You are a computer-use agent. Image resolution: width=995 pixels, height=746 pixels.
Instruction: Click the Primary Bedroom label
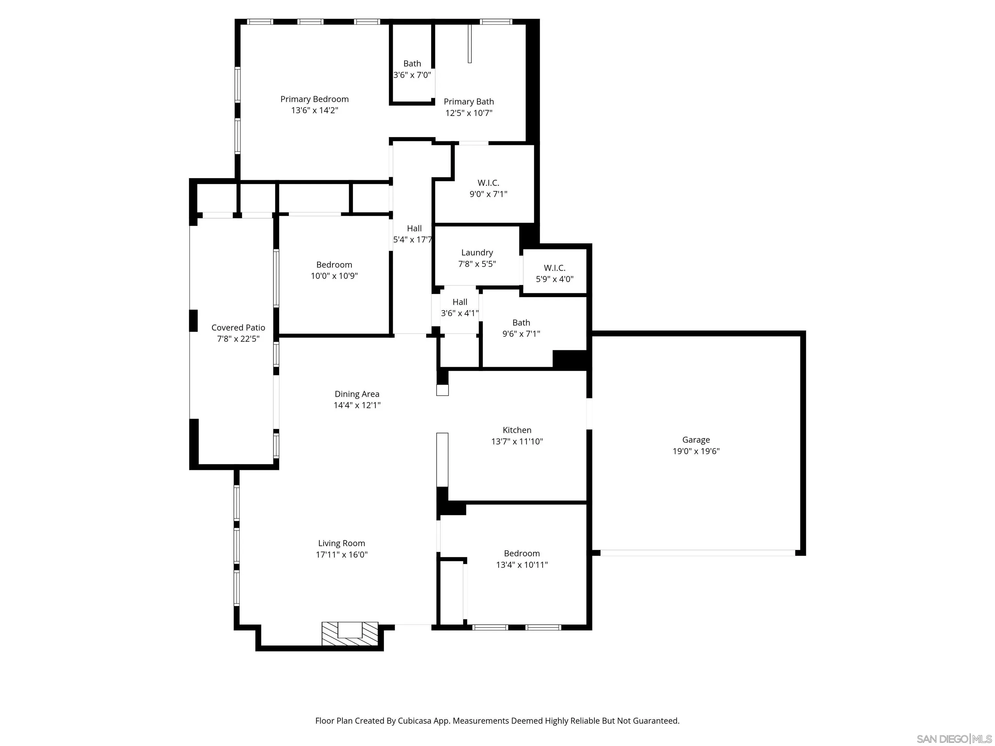click(x=315, y=99)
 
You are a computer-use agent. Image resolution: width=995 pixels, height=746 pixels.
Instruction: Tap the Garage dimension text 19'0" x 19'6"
click(x=696, y=451)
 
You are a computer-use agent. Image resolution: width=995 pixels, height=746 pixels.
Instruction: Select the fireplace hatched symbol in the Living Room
click(x=350, y=634)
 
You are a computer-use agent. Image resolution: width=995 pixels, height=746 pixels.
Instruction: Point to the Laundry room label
click(x=477, y=253)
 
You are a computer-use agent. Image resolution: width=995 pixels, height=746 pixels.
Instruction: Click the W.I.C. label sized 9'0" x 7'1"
click(x=488, y=183)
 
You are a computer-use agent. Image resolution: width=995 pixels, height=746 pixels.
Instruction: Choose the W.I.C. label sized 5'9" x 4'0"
click(x=554, y=268)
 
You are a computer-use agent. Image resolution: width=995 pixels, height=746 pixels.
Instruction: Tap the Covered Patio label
click(x=238, y=328)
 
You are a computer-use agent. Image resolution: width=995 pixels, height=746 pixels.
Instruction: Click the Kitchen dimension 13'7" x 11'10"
click(x=517, y=442)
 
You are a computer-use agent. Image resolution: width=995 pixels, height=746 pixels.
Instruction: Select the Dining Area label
click(x=357, y=394)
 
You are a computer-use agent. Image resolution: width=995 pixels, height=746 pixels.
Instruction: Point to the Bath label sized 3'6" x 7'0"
click(x=412, y=64)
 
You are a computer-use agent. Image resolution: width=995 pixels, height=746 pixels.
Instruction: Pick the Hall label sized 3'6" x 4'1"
click(x=460, y=302)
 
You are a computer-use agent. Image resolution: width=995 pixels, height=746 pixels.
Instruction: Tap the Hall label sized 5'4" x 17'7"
click(x=414, y=229)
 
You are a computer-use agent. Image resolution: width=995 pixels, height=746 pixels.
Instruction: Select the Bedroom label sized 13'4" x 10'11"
click(x=521, y=554)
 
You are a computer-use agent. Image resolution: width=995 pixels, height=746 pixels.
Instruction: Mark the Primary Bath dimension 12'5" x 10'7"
click(x=469, y=113)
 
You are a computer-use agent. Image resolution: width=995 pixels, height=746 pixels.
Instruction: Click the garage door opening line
click(x=697, y=553)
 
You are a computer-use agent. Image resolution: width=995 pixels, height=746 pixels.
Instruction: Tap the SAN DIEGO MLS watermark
click(x=954, y=739)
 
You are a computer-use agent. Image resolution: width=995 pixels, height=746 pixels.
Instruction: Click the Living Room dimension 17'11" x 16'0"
click(x=341, y=554)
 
